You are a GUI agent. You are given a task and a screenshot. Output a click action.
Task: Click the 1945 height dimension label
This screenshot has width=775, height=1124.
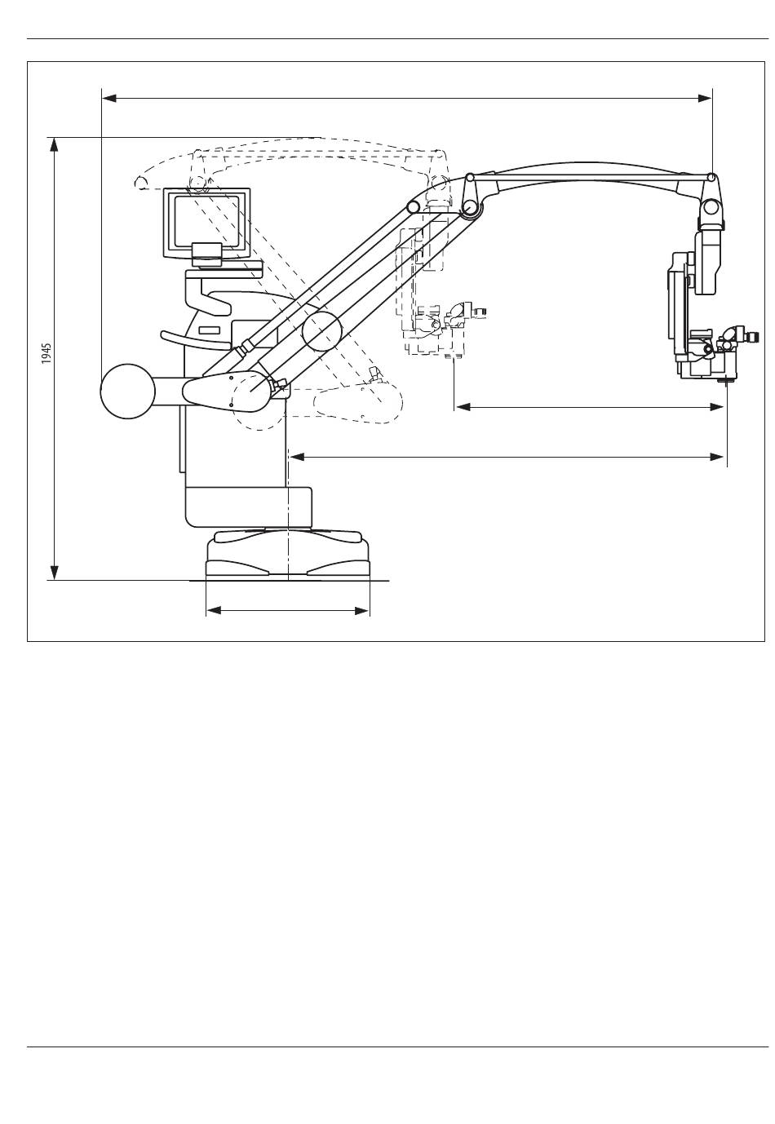[x=46, y=354]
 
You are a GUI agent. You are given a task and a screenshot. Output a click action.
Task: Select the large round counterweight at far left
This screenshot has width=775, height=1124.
[x=128, y=391]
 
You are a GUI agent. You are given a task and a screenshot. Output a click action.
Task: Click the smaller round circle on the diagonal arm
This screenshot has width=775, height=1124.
[x=321, y=331]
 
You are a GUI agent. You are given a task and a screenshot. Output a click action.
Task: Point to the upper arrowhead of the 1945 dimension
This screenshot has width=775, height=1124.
[x=54, y=144]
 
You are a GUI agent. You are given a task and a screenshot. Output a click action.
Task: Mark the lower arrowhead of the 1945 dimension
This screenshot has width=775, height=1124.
[x=54, y=573]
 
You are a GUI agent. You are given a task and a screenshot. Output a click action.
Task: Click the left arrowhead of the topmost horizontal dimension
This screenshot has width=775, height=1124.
[x=109, y=99]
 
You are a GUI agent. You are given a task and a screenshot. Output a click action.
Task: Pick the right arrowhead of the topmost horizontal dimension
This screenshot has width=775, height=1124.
[x=705, y=99]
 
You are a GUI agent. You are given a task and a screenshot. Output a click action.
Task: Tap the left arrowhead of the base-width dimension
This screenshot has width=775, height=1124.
[x=214, y=611]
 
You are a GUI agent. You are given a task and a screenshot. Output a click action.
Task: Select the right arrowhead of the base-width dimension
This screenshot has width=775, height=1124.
[x=362, y=611]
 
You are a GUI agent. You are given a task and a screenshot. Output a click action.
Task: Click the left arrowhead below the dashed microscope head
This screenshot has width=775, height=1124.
[x=462, y=408]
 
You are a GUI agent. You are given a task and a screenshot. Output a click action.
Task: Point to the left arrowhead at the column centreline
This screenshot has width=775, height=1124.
[x=298, y=457]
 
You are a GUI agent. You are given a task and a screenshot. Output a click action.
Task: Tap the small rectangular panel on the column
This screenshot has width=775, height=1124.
[x=210, y=330]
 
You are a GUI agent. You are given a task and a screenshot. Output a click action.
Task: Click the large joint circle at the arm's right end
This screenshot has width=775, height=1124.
[x=711, y=206]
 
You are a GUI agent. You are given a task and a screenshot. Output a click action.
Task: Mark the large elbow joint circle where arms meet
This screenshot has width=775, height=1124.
[x=470, y=206]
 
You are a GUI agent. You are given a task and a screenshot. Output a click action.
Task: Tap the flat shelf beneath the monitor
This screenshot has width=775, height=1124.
[x=224, y=273]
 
